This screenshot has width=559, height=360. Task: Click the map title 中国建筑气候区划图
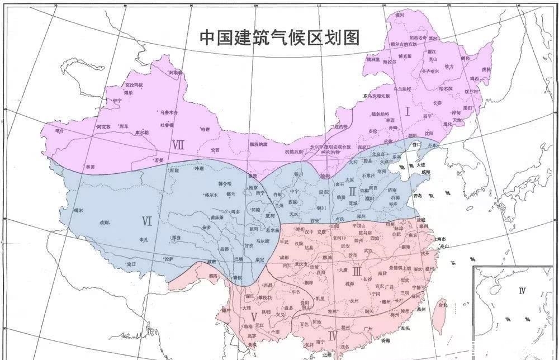pos(279,37)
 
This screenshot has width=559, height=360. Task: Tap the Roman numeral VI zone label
pos(147,221)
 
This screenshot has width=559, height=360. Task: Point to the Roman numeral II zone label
pos(352,192)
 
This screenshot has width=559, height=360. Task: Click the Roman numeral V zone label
pos(254,317)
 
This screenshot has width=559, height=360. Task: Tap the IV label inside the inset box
pos(522,290)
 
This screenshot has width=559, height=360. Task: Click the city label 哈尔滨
pos(446,88)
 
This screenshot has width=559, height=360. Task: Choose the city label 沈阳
pos(429,133)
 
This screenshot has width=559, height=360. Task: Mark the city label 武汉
pos(368,250)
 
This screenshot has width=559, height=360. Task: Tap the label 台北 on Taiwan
pos(442,305)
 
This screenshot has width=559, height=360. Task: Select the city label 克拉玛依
pos(134,84)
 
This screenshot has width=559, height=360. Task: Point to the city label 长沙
pos(367,278)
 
